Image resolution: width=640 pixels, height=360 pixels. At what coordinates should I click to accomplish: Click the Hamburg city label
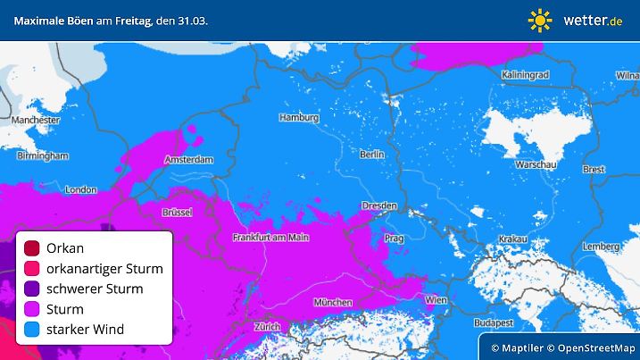coord(299,117)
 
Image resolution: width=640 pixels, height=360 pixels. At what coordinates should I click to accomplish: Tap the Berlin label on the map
coord(371,155)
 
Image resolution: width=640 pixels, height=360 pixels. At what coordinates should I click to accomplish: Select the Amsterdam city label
coord(189,160)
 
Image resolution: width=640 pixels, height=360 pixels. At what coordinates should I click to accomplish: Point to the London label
coord(80,189)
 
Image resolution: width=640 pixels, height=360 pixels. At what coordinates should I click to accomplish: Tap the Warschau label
coord(537,165)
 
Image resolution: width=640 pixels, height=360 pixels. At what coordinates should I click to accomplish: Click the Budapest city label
coord(491,322)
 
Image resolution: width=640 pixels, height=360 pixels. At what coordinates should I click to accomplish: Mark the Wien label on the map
coord(435,299)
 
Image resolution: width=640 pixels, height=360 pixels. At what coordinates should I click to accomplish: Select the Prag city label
coord(394,239)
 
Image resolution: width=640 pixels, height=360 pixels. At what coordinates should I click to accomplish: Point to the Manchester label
coord(35,119)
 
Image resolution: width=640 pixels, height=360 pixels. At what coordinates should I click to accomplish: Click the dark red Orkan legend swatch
coord(32,248)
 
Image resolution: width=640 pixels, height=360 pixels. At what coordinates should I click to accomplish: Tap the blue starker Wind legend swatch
coord(32,330)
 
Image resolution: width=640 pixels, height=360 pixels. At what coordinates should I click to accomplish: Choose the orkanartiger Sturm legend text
coord(107,268)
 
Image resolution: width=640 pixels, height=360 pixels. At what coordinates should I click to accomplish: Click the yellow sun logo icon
coord(540,19)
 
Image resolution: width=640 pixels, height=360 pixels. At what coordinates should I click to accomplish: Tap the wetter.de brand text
coord(594,20)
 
